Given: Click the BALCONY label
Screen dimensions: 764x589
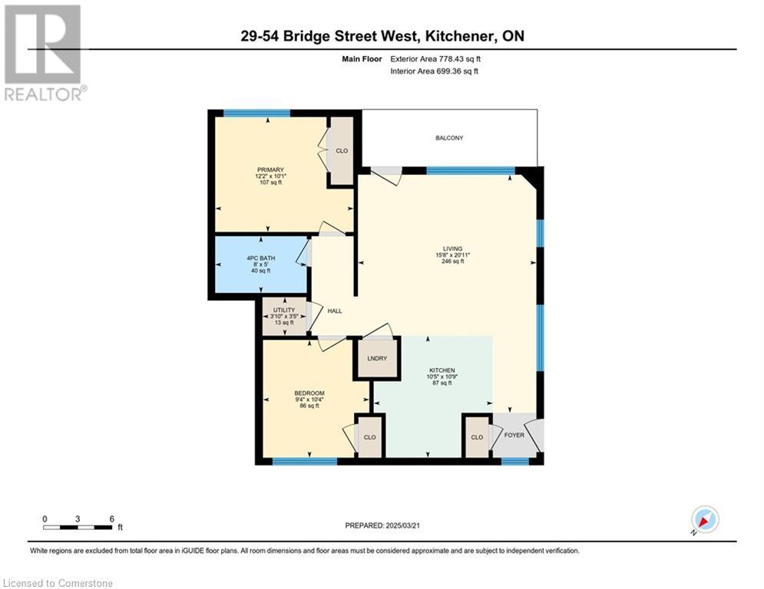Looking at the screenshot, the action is coord(449,138).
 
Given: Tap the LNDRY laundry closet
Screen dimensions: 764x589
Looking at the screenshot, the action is coord(377,358).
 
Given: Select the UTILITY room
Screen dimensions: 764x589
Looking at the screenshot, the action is coord(284,317).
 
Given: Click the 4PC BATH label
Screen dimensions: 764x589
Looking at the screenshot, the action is coord(260,258).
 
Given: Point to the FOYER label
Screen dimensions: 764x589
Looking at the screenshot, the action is coord(514,435).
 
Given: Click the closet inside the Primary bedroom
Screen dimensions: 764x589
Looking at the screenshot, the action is coord(342,151).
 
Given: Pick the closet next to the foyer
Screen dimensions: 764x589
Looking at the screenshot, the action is coord(477,436).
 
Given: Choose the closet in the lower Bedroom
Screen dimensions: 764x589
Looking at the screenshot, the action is coord(370,436).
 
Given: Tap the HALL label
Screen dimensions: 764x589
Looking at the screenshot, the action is coord(335,311).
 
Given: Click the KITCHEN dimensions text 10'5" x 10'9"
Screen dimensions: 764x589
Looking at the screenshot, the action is coord(442,377).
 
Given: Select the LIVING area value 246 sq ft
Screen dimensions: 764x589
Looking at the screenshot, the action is coord(453,261).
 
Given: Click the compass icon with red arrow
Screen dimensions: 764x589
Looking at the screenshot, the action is coord(705,519).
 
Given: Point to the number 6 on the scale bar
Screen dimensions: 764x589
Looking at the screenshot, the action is coord(111,519).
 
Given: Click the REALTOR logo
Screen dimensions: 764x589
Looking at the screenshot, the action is coord(43,53).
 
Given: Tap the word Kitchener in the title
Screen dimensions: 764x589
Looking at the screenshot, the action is coord(457,36).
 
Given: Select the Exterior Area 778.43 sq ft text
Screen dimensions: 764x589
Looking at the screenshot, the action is coord(435,59).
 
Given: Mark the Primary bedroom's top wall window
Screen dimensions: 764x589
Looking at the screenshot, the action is coord(256,114).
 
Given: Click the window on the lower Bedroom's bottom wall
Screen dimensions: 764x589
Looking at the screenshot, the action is coord(305,461).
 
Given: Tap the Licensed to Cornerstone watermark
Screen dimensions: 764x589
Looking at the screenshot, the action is coord(58,583).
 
